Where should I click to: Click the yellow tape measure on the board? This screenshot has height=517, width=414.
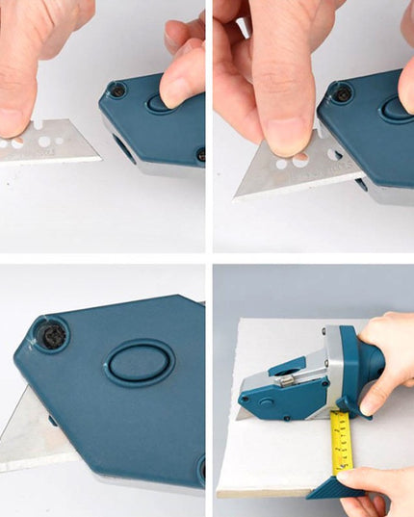point(343,443)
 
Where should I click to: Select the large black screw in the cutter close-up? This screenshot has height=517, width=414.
point(50,335)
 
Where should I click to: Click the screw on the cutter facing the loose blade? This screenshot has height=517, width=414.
point(116,90)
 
